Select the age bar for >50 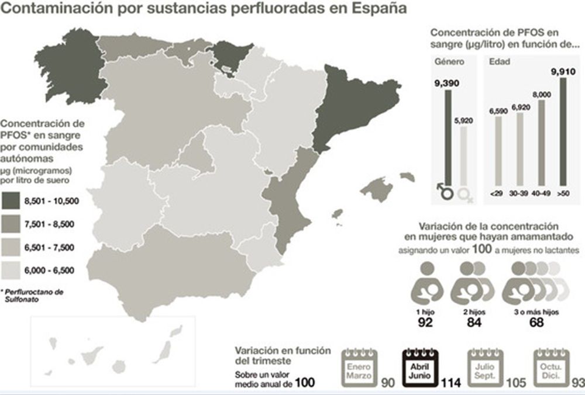[x=563, y=131]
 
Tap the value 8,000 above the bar [x=541, y=94]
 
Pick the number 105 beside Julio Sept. [x=515, y=383]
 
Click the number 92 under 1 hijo [x=426, y=322]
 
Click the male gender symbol [x=446, y=190]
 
